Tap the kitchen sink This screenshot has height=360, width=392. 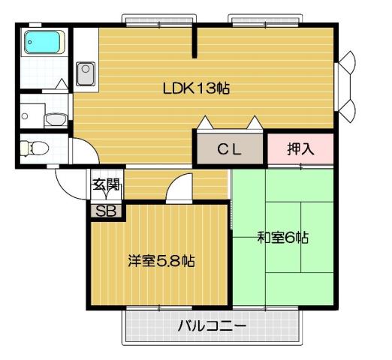[x=85, y=72]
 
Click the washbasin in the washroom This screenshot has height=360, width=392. [x=54, y=118]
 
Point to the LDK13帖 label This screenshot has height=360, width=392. [x=196, y=88]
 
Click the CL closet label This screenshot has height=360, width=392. [x=229, y=148]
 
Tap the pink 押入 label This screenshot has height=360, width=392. [x=300, y=148]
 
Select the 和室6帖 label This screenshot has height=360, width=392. [x=283, y=238]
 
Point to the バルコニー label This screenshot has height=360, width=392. [x=212, y=326]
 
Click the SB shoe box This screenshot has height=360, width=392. [x=106, y=211]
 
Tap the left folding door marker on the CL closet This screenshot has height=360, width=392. [x=205, y=122]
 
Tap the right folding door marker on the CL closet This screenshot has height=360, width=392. [x=255, y=122]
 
